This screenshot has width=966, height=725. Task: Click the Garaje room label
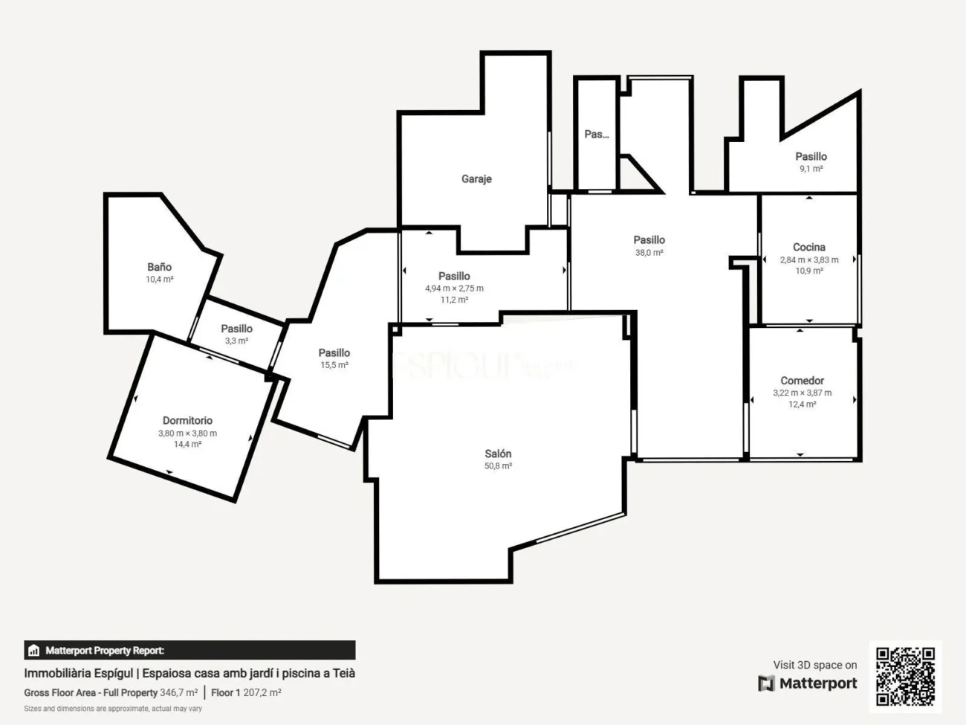point(476,179)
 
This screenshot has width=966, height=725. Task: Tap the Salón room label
point(498,454)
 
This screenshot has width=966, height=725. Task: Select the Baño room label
point(159,267)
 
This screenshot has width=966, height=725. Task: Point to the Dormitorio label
point(187,421)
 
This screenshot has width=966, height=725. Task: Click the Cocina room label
point(808,247)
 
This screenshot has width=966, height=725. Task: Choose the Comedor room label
point(802,381)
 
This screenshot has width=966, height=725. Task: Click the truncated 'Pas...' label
point(596,135)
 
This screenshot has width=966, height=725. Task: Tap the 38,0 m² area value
point(649,253)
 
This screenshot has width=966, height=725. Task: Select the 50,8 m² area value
point(498,466)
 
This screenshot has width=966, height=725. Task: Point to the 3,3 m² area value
point(236,341)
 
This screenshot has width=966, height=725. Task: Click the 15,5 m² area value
point(334,365)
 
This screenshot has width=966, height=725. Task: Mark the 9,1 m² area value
point(811,169)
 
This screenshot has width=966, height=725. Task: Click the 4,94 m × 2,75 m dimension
point(454,289)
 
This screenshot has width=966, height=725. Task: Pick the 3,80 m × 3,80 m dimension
point(187,434)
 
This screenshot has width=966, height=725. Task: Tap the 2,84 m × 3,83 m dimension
point(808,260)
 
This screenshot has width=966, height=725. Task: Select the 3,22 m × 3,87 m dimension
point(802,393)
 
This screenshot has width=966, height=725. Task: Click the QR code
point(905,676)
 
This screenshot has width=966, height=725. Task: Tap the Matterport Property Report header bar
point(189,651)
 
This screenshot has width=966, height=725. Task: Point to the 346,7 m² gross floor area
point(178,693)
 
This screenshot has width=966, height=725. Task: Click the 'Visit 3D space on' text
point(814,666)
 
